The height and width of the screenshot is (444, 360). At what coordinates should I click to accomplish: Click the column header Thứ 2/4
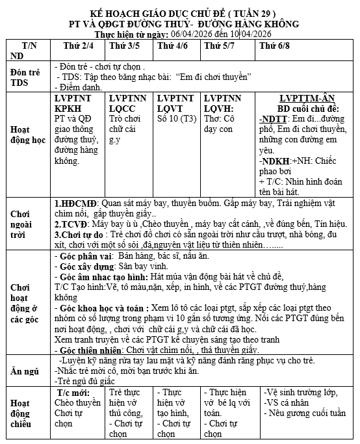(x=78, y=46)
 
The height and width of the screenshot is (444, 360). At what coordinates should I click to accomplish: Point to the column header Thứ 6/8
(x=274, y=46)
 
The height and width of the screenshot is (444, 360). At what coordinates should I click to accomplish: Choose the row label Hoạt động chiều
(x=26, y=413)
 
